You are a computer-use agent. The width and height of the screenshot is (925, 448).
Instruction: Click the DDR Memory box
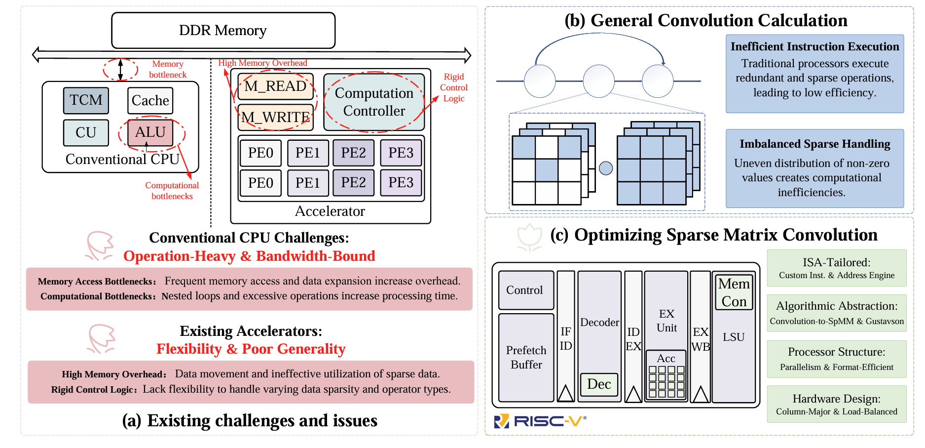[223, 31]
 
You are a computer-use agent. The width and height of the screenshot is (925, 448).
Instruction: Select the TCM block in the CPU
[86, 100]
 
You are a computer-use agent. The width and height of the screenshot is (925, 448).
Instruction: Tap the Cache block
[150, 101]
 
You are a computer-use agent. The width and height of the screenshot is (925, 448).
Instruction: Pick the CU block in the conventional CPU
[86, 132]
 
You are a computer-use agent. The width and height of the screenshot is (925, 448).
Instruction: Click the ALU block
[150, 132]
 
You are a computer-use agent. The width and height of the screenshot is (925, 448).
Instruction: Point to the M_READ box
[275, 86]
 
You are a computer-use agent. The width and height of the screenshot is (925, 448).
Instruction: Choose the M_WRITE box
[275, 117]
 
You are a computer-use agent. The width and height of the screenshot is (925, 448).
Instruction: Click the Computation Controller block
[374, 102]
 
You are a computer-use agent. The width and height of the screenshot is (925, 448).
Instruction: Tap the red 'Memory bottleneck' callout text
[168, 69]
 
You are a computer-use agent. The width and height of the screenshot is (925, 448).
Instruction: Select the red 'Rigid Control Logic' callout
[454, 87]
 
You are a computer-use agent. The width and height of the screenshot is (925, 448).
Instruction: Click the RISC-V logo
[540, 421]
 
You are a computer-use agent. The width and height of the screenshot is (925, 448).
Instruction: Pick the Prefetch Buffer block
[526, 358]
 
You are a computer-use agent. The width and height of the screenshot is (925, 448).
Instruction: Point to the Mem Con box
[734, 292]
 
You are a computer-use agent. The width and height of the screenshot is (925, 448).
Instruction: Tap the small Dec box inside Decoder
[599, 384]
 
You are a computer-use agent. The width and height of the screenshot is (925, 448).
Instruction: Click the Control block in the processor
[524, 290]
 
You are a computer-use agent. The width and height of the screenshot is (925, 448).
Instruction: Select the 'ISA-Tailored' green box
[836, 268]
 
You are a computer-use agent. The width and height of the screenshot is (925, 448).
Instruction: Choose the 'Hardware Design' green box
[836, 405]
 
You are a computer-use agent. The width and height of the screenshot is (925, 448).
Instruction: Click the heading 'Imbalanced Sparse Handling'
[814, 144]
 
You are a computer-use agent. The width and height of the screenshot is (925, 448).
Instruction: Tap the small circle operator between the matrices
[606, 168]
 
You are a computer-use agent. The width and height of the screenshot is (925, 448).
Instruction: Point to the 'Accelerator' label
[330, 211]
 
